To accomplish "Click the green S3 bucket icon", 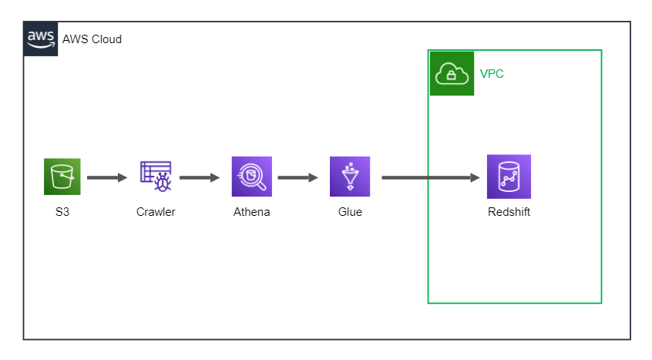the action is (62, 177).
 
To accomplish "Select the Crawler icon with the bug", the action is (156, 177).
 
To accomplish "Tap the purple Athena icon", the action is (252, 177).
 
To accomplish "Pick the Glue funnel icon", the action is (350, 177).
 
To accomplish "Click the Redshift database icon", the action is (509, 177).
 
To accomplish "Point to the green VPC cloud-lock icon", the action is (452, 73).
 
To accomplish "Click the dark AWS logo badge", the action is (41, 39).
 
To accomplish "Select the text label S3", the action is (62, 212).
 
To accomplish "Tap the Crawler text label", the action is (156, 212).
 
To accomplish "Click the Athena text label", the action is (251, 212).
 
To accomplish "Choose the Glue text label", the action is (350, 212).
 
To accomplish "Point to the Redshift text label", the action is (509, 212).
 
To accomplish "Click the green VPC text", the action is (492, 74).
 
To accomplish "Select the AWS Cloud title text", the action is (92, 39).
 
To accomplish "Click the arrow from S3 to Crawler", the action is (107, 178).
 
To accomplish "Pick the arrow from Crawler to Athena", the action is (200, 178).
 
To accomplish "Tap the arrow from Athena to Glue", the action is (297, 178).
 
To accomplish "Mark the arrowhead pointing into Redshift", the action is (476, 178).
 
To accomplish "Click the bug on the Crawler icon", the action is (163, 182).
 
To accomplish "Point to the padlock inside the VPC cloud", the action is (451, 75).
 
